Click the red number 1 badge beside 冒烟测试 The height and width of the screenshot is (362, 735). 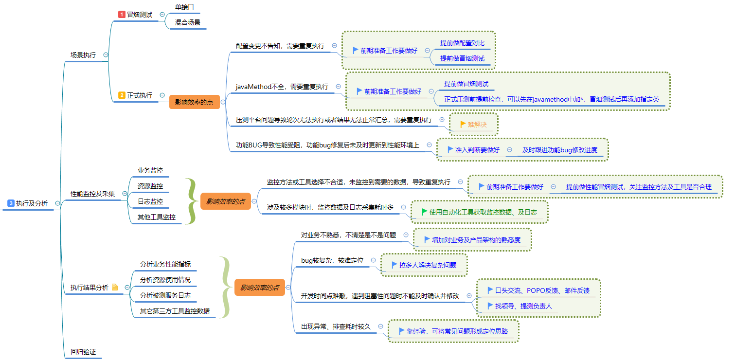122,15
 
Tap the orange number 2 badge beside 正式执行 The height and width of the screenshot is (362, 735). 122,95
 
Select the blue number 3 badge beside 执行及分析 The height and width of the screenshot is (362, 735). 11,203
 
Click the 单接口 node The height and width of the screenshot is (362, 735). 184,7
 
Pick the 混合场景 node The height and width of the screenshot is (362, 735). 187,22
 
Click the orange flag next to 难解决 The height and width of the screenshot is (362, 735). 463,124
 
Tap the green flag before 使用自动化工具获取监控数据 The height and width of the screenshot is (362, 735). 424,212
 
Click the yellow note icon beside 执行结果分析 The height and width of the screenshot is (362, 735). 115,287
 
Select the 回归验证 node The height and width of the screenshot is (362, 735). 83,352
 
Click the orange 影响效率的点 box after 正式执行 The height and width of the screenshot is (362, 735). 194,102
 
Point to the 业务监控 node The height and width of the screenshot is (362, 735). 150,170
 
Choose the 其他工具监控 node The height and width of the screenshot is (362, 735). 157,217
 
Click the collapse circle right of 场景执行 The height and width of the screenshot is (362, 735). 106,55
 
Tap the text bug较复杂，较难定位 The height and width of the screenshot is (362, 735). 332,260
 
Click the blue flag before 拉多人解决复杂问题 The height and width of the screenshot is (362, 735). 394,265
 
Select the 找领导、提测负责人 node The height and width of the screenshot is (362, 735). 523,306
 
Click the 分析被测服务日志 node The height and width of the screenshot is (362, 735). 165,295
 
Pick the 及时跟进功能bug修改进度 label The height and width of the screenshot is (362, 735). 560,150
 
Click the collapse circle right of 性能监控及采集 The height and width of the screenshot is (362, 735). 125,194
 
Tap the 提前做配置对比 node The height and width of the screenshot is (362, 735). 462,43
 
